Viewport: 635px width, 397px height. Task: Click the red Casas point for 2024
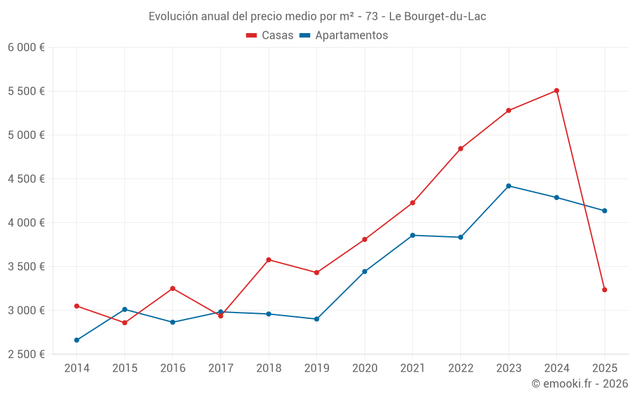coord(556,91)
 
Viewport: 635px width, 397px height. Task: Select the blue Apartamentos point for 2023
coord(509,186)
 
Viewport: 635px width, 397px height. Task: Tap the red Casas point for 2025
coord(605,290)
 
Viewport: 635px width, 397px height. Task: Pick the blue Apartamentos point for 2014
coord(77,340)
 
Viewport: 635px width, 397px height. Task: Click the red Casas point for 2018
coord(269,260)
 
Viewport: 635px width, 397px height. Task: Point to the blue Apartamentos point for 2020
coord(364,272)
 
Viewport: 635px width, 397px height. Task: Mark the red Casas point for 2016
coord(173,288)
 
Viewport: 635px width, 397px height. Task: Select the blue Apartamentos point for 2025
coord(605,211)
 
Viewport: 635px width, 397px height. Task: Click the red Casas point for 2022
coord(460,149)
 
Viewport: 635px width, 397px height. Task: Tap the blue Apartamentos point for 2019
coord(316,319)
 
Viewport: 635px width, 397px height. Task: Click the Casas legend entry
coord(270,36)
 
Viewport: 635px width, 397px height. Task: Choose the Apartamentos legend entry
coord(344,36)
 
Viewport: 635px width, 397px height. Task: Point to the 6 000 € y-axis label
coord(26,47)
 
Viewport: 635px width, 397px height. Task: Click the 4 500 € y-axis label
coord(26,178)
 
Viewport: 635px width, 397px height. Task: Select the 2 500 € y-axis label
coord(26,354)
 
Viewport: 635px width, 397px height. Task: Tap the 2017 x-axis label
coord(220,368)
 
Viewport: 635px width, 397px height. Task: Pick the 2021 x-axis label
coord(412,368)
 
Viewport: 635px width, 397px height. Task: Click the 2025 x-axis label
coord(605,368)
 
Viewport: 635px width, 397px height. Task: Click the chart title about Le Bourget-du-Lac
coord(317,17)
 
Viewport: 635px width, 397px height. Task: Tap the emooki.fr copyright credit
coord(579,384)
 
